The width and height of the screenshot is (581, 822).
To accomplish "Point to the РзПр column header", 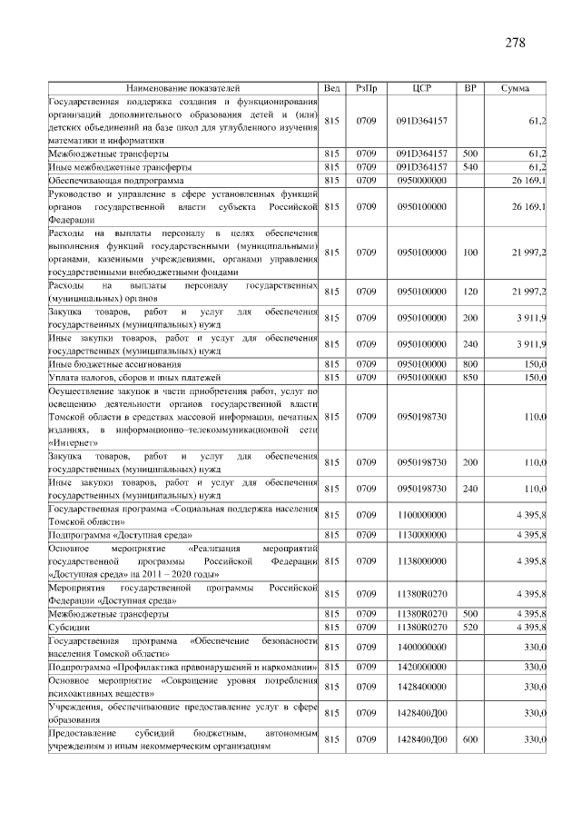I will tap(367, 88).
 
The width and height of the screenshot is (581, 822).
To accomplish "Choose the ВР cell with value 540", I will tap(469, 167).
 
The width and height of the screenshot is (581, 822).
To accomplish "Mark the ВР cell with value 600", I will tap(469, 739).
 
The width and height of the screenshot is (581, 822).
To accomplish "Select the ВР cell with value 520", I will tap(469, 627).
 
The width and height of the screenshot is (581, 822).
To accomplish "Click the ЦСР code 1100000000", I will tap(421, 515).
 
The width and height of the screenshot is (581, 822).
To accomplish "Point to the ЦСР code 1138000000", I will tap(421, 561).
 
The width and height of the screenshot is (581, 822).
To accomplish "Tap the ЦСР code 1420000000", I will tap(421, 667).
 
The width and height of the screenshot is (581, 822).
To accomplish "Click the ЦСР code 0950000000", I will tap(421, 181).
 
